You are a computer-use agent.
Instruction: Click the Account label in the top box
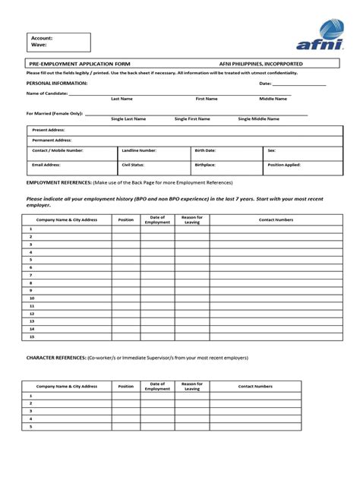[x=42, y=37]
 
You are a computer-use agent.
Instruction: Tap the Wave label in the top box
[x=39, y=45]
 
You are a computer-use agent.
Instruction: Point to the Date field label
[x=265, y=83]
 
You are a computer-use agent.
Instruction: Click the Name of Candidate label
[x=47, y=93]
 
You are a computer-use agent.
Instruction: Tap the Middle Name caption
[x=273, y=99]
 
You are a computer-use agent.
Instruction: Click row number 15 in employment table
[x=31, y=336]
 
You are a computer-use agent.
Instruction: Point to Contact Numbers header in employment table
[x=276, y=219]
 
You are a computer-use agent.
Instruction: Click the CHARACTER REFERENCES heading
[x=56, y=357]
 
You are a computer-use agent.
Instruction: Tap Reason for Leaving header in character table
[x=191, y=386]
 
